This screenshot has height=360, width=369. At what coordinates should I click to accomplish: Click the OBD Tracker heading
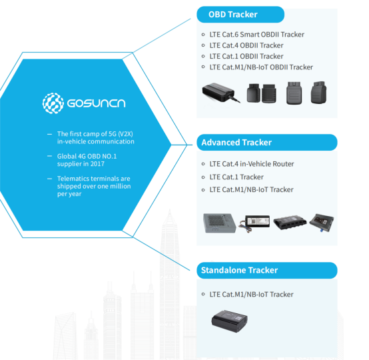click(232, 15)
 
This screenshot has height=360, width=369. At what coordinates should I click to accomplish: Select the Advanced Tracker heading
click(236, 142)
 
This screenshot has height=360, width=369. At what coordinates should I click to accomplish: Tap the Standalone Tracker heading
click(239, 270)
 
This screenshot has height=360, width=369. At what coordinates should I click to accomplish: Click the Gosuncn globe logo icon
click(53, 103)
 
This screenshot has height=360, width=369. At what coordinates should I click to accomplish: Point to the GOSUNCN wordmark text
click(97, 103)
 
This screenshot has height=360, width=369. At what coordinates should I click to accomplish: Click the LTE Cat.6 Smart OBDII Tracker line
click(256, 35)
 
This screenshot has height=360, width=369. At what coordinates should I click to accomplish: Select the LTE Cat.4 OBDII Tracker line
click(246, 45)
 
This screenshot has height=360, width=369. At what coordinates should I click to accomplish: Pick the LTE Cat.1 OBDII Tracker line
click(246, 56)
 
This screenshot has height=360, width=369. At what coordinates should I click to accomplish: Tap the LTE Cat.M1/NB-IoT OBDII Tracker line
click(261, 67)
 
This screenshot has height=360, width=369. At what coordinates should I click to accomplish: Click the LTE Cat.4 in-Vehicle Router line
click(252, 164)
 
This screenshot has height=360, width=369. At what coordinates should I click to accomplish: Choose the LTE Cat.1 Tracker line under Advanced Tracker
click(236, 177)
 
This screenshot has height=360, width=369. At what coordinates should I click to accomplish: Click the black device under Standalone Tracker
click(229, 321)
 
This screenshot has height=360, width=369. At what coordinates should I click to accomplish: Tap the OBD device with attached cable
click(220, 93)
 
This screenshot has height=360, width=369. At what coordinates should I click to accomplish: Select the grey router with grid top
click(219, 223)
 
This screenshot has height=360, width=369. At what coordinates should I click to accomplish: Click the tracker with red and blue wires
click(254, 223)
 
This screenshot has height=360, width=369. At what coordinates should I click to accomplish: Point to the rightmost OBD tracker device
click(318, 93)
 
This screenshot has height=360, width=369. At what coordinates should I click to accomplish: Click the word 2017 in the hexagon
click(97, 164)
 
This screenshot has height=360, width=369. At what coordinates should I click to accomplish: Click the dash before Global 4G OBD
click(49, 156)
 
